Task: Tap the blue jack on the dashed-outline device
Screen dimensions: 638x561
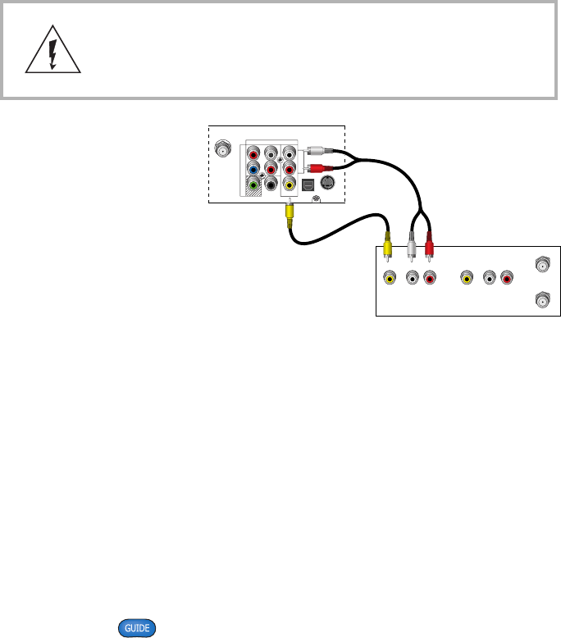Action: (254, 169)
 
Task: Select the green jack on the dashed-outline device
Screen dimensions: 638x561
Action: (254, 185)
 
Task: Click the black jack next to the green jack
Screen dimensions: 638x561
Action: (271, 185)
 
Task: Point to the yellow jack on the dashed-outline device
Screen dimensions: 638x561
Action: (289, 185)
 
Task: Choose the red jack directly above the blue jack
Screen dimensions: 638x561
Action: (254, 153)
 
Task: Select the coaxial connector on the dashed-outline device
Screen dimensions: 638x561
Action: (221, 151)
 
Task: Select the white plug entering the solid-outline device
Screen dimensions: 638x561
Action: (408, 244)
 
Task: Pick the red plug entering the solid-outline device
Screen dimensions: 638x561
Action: (428, 244)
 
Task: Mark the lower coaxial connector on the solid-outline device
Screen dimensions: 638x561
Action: (541, 300)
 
